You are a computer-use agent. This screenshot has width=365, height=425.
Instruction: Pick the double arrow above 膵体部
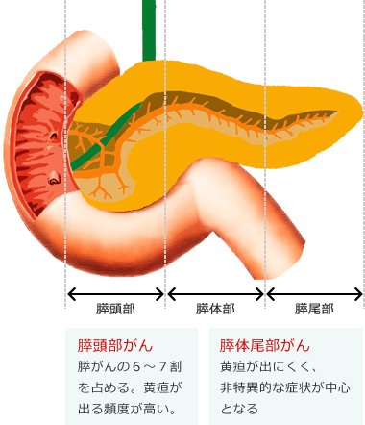pos(215,294)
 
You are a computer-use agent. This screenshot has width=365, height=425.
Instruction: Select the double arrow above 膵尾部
pos(314,294)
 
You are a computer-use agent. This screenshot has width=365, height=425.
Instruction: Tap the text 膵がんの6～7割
pos(129,367)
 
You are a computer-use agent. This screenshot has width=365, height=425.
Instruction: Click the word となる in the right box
pos(238,410)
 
